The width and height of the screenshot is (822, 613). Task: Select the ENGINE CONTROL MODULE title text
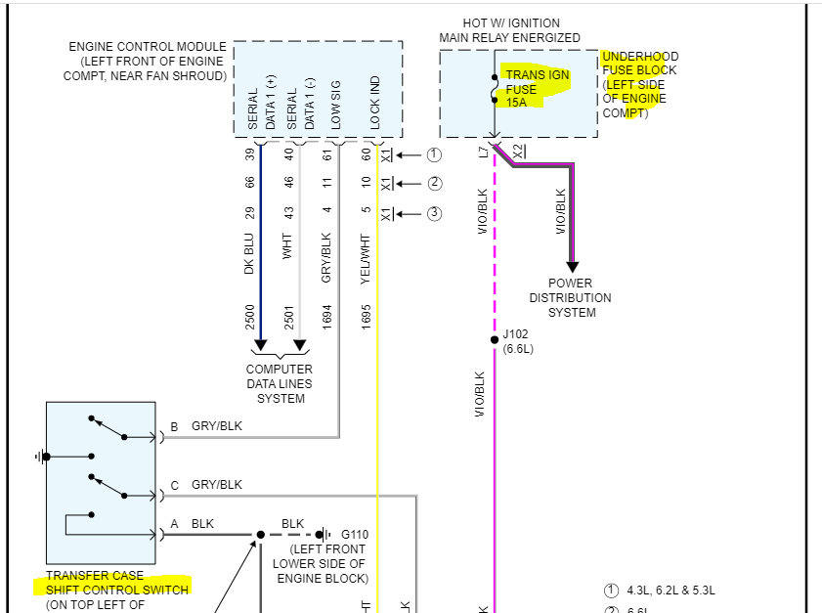148,47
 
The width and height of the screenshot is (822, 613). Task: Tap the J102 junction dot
495,340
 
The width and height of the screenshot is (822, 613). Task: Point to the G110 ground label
355,535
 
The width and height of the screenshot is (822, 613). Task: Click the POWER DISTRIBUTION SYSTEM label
571,297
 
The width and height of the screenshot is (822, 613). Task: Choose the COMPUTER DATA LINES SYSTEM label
280,383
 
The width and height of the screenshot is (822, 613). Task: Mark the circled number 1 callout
434,154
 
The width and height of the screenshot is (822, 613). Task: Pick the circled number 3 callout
434,213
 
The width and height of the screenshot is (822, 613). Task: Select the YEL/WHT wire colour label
367,257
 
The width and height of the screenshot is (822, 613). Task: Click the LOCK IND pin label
375,103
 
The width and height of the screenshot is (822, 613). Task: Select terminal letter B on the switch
174,427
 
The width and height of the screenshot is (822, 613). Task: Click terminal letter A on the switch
174,524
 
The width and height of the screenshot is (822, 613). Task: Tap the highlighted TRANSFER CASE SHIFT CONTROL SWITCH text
110,583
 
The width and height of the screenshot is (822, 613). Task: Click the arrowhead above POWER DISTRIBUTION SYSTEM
572,267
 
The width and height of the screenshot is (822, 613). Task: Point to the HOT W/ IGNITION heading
509,23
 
